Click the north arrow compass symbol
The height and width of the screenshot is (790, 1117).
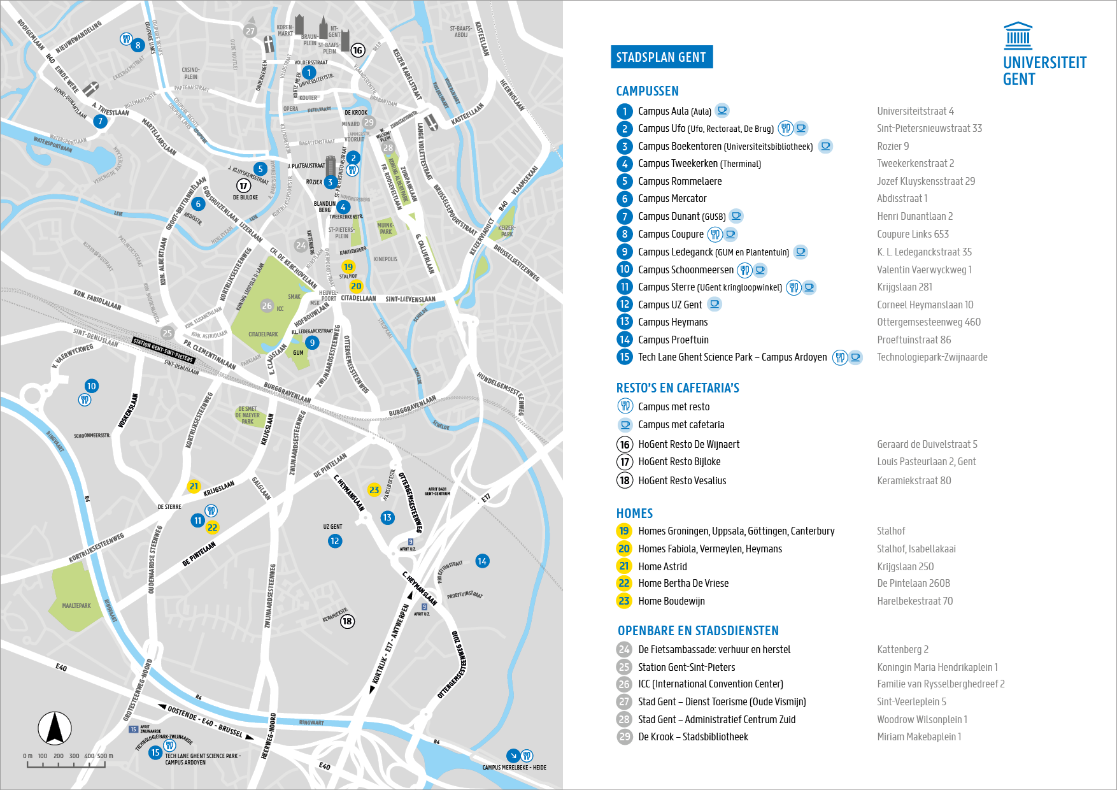(x=55, y=728)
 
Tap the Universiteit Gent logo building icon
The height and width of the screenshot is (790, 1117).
(x=1018, y=36)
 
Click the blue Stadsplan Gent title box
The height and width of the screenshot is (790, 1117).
(x=661, y=57)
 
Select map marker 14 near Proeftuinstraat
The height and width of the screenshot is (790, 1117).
(x=482, y=561)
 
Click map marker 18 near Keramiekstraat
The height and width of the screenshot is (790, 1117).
(x=347, y=621)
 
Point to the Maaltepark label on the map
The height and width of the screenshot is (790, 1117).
(x=76, y=606)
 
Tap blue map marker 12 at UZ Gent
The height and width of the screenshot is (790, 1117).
(x=335, y=541)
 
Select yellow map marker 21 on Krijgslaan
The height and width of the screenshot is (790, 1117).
(x=194, y=486)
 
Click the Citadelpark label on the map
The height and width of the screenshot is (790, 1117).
(x=263, y=334)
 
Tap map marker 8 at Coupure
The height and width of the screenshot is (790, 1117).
(x=138, y=45)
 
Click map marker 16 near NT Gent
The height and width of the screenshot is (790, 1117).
(x=358, y=50)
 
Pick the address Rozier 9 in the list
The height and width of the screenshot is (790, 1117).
(x=893, y=146)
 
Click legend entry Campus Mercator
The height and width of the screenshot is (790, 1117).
(x=672, y=199)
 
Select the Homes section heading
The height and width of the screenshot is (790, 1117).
(x=634, y=513)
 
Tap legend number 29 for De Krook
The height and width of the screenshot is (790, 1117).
(x=624, y=736)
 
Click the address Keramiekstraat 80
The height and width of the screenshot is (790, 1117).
(x=914, y=480)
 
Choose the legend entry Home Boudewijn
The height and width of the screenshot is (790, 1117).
(x=671, y=601)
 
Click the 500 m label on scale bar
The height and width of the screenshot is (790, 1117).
(x=105, y=756)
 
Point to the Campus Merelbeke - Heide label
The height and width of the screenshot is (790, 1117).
(x=514, y=767)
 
